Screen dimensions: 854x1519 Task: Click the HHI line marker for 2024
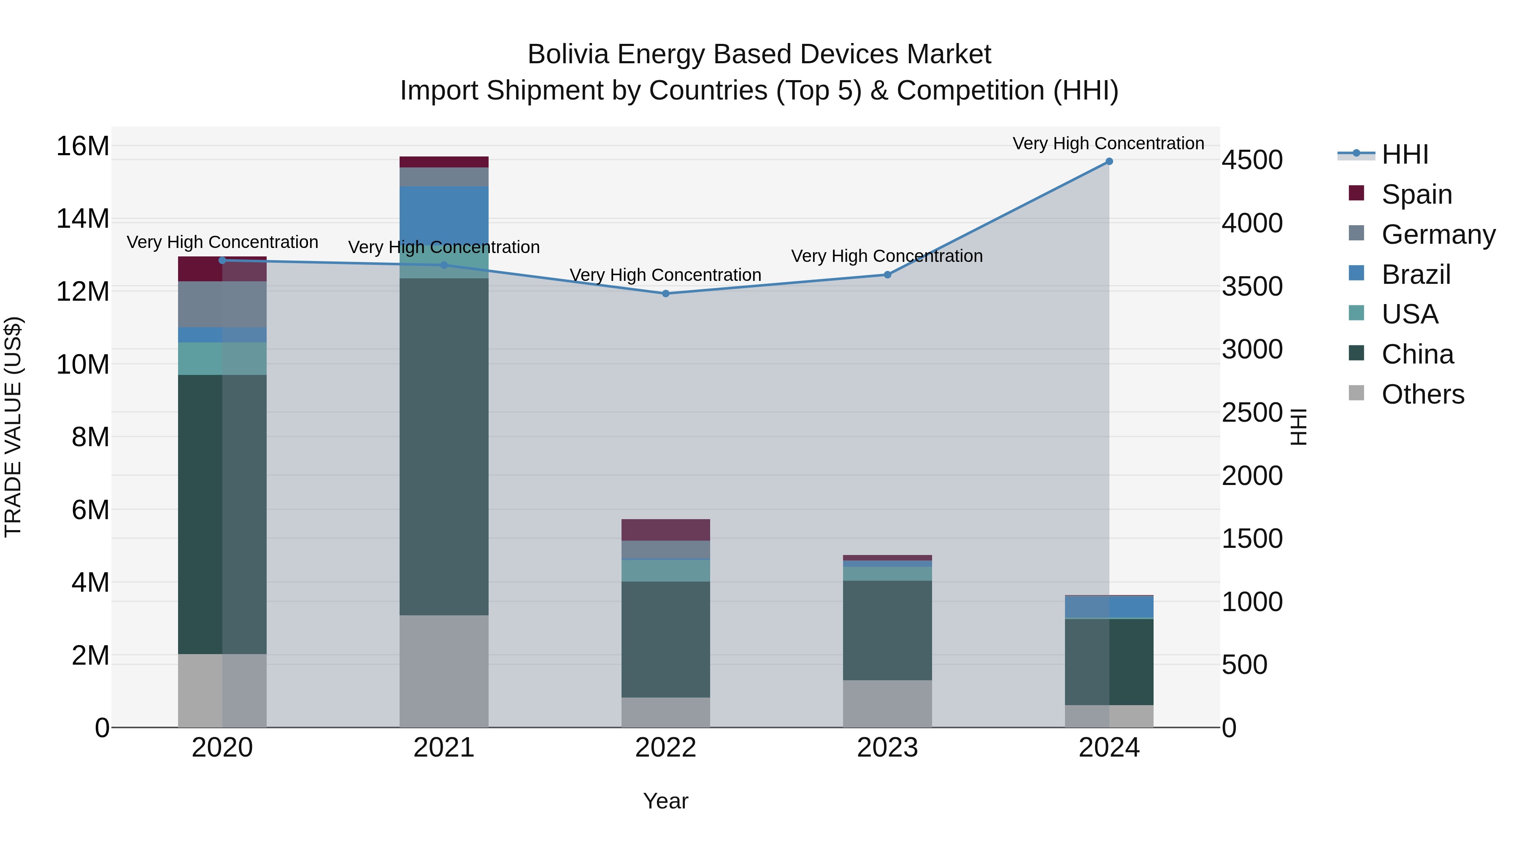point(1108,162)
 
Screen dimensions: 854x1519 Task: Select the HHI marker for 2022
point(666,294)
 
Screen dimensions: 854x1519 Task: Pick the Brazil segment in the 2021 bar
point(444,212)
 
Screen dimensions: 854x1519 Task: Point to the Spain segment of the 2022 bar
point(666,530)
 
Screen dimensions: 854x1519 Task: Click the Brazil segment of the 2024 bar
point(1108,606)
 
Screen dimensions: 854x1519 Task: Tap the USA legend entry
point(1409,314)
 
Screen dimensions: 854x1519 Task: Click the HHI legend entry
point(1404,154)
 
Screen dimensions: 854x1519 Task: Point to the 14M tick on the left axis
point(83,218)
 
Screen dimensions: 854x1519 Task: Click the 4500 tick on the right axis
point(1251,160)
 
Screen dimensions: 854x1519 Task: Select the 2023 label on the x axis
point(887,748)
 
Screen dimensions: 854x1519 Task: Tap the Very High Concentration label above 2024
point(1108,143)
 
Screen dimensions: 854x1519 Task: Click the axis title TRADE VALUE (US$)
point(13,427)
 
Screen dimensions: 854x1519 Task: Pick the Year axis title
point(666,801)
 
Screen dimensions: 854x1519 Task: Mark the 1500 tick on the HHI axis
point(1251,539)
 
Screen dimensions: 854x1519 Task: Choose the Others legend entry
point(1422,394)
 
